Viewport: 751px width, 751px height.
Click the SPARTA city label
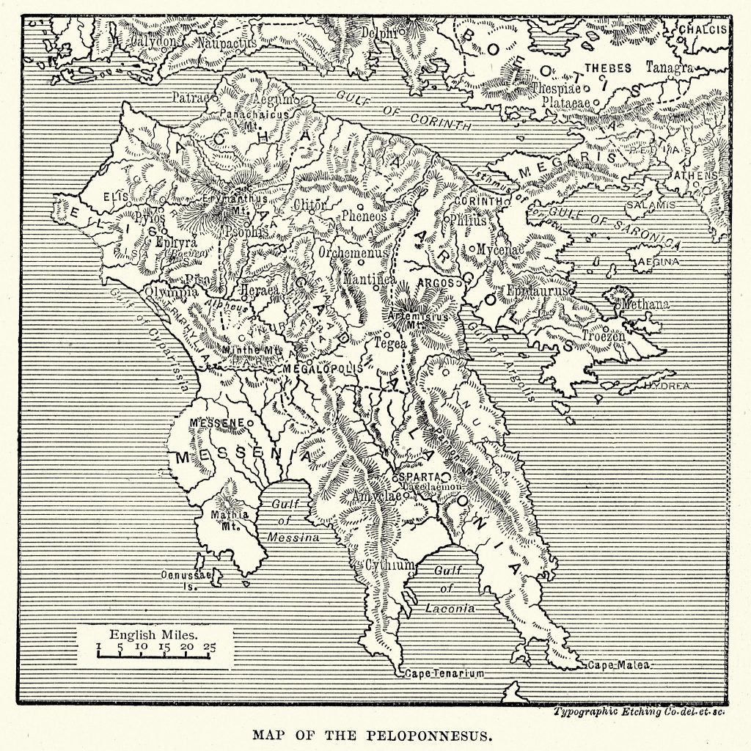point(420,476)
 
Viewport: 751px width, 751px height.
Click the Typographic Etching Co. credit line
point(640,711)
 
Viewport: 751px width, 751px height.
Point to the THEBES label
point(607,68)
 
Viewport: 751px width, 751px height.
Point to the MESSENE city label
point(216,423)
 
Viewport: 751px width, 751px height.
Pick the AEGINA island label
point(659,260)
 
